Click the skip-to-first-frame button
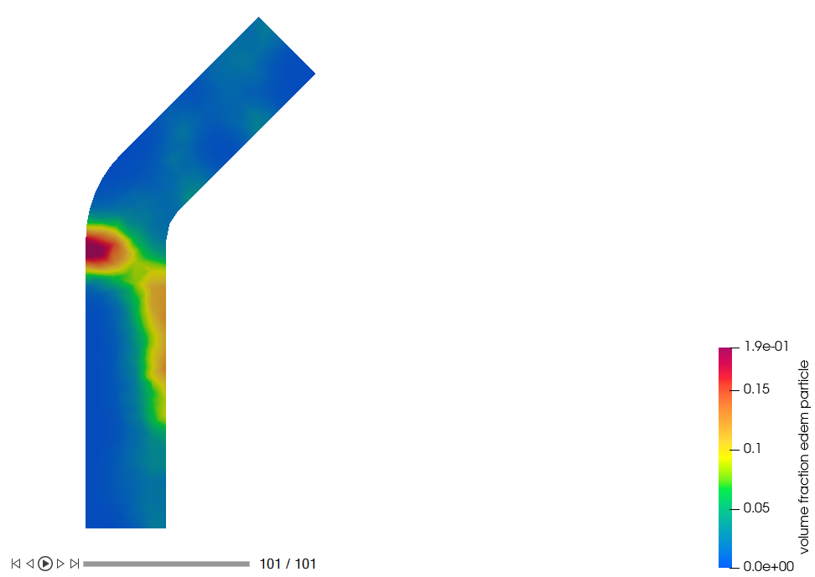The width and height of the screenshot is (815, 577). pos(16,564)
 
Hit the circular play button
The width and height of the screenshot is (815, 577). pos(45,564)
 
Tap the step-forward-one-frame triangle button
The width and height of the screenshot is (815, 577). pos(60,564)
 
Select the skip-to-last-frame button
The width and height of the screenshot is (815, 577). pos(75,564)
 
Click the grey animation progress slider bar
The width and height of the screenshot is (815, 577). pos(166,564)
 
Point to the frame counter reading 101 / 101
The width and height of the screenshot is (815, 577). pos(288,564)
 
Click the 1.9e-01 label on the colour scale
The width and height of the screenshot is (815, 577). pos(766,346)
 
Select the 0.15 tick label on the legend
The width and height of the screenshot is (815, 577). pos(756,389)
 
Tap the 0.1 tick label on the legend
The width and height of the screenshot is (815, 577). pos(752,448)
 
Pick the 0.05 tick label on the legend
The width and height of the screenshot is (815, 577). pos(756,507)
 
